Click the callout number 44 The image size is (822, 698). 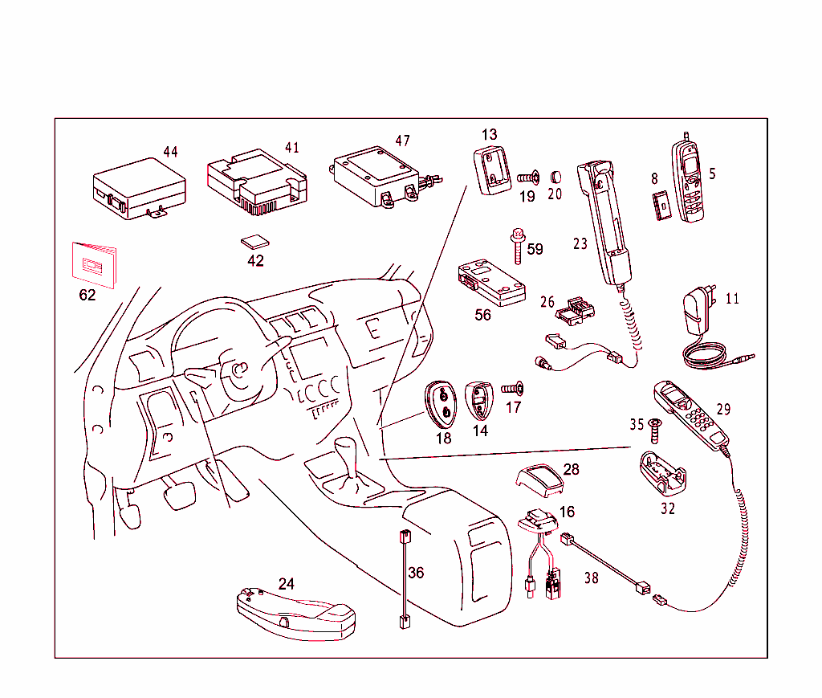point(170,152)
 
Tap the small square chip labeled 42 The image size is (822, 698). point(254,242)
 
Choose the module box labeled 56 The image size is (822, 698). point(490,284)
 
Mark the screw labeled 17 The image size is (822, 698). point(512,389)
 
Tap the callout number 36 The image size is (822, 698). point(415,574)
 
